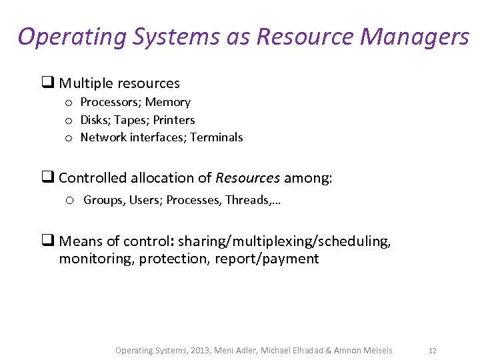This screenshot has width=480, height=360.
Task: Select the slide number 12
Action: point(433,350)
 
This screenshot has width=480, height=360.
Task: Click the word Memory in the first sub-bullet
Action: point(168,102)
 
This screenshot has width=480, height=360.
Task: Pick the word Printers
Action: point(174,120)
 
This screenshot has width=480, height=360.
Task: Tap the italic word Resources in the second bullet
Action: point(247,178)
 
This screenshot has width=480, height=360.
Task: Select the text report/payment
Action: point(267,259)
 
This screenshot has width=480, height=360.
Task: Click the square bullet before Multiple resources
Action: point(48,83)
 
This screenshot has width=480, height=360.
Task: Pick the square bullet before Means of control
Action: point(48,241)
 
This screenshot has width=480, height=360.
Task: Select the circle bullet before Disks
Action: point(69,121)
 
